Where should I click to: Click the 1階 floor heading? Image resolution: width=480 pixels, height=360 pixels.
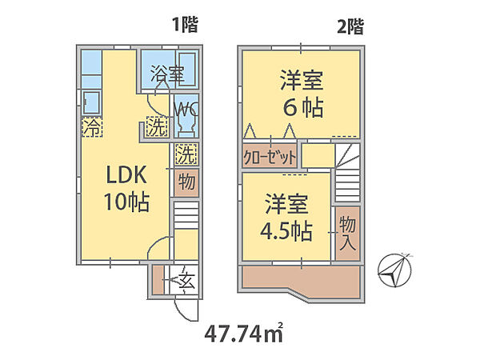(x=186, y=25)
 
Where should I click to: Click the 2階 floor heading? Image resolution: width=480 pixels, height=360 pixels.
(x=350, y=26)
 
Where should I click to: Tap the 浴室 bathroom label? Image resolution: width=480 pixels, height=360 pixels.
(x=167, y=74)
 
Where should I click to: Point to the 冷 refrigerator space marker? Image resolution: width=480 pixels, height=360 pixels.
(x=91, y=127)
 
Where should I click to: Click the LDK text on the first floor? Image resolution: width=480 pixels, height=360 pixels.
(x=126, y=174)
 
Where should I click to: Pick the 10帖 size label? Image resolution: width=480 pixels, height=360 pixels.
(x=126, y=202)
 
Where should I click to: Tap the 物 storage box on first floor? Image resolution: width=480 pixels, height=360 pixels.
(x=186, y=182)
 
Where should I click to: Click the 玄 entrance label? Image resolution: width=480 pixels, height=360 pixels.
(x=186, y=281)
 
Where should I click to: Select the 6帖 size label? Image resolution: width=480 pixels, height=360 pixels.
(x=302, y=107)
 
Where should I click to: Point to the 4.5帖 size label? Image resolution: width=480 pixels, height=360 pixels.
(x=286, y=231)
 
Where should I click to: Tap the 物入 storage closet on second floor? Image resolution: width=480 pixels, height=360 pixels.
(x=347, y=234)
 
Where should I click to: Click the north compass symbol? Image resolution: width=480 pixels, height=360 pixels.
(x=394, y=270)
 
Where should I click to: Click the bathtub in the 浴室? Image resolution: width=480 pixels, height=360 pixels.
(x=187, y=70)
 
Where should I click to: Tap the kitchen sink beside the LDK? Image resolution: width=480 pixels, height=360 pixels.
(x=91, y=102)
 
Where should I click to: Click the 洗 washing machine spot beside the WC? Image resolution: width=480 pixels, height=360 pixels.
(x=157, y=126)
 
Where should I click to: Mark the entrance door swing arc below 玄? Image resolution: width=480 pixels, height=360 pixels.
(x=182, y=313)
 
